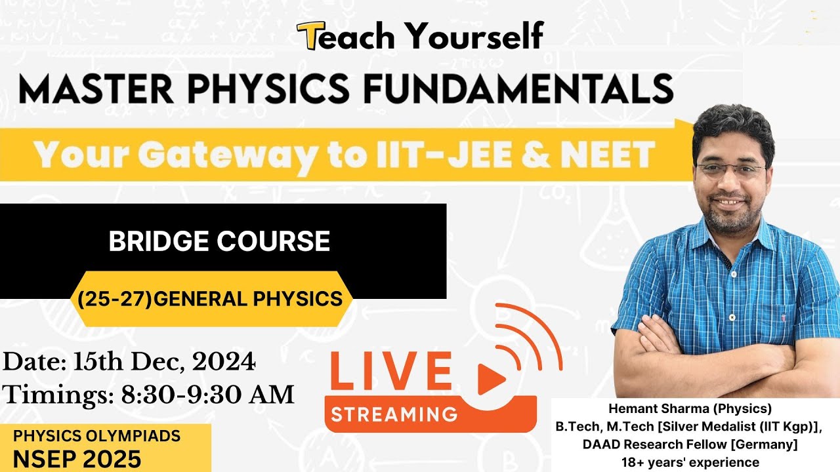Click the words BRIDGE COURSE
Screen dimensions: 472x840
[x=219, y=241]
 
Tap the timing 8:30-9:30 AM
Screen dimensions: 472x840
[x=207, y=395]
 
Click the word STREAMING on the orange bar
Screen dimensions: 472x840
[x=394, y=414]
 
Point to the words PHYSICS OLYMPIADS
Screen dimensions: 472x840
[x=97, y=435]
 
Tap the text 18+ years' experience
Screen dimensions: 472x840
[x=690, y=462]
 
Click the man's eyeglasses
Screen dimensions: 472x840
[x=730, y=169]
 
